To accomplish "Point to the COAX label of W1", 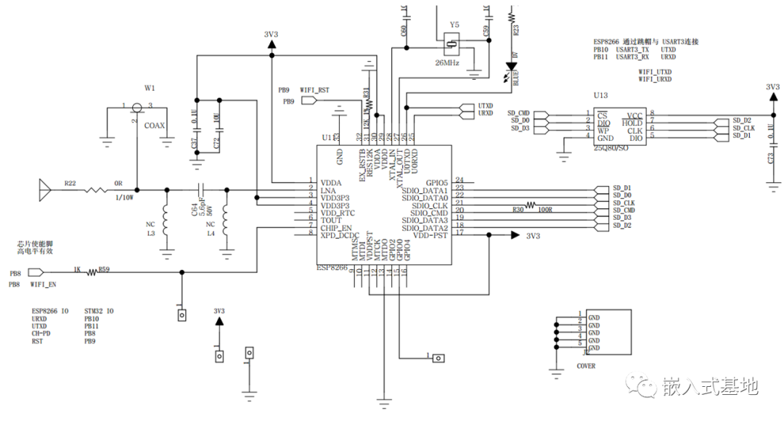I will point(154,126).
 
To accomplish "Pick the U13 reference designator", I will point(600,95).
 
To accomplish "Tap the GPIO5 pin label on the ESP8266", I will point(437,181).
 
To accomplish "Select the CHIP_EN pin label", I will point(335,228).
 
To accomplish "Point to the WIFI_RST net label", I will point(314,90).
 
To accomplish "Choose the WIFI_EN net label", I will point(44,285).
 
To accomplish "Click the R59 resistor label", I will point(104,269).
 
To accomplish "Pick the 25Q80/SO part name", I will point(611,147).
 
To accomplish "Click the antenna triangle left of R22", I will point(44,192).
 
